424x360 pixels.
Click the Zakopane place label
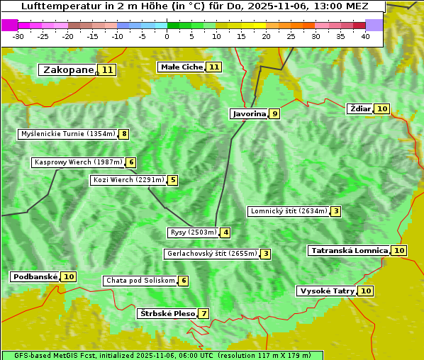point(68,69)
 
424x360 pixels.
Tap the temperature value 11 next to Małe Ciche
point(214,67)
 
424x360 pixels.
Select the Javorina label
point(249,113)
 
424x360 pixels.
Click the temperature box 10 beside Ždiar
point(382,108)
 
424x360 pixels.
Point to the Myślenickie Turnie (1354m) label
point(67,133)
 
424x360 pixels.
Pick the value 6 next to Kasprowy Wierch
point(131,162)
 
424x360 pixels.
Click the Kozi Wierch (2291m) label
point(128,180)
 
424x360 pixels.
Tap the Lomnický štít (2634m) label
point(289,211)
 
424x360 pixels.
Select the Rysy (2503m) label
point(192,232)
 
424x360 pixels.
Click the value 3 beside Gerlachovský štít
point(266,254)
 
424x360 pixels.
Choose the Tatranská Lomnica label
point(349,250)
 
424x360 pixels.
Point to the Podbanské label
point(34,276)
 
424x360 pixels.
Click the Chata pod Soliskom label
point(139,281)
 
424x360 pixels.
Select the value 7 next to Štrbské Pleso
point(204,313)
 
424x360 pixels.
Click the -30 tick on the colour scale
point(18,35)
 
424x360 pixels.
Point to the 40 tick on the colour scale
point(365,35)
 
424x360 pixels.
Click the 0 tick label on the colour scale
point(167,35)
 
